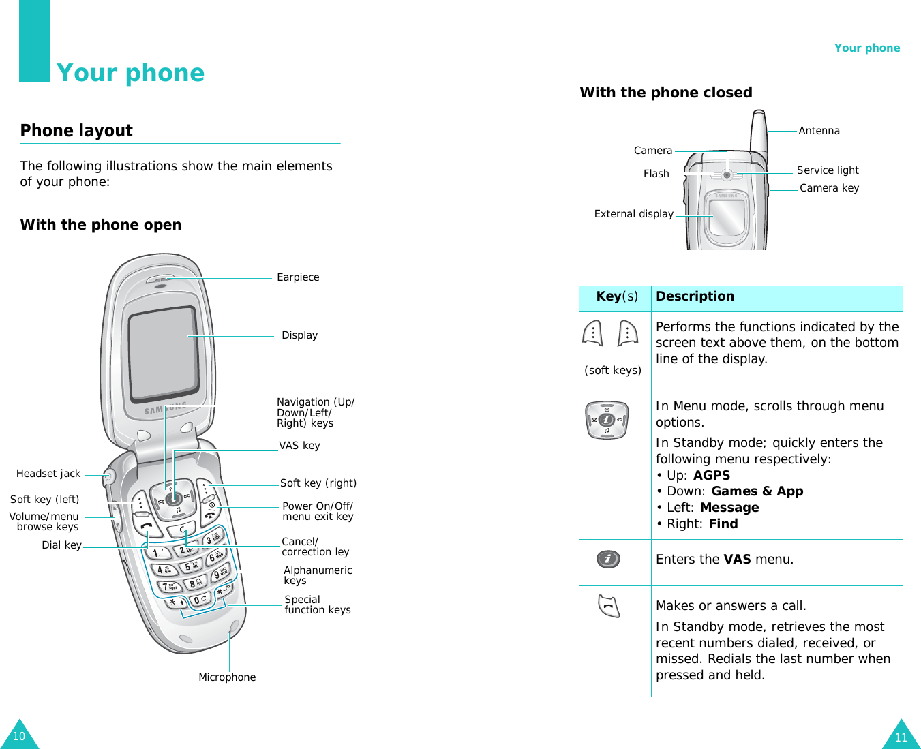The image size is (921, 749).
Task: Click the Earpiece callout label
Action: [x=298, y=277]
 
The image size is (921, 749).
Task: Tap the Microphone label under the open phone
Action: [x=227, y=677]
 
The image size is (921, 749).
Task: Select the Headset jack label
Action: [x=48, y=474]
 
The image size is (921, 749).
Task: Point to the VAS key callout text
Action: [x=299, y=446]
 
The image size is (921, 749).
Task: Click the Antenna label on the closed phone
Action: [x=819, y=131]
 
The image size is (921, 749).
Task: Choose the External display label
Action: [x=633, y=214]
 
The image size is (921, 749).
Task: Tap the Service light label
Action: [x=828, y=170]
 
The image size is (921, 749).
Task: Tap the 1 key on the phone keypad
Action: [x=158, y=552]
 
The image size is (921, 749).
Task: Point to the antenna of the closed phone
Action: [x=759, y=133]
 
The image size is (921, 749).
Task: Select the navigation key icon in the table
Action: [x=606, y=421]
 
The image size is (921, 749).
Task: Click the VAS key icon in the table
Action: [x=608, y=560]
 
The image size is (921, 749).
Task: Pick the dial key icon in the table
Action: [x=609, y=606]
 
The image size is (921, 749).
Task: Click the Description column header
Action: [x=695, y=296]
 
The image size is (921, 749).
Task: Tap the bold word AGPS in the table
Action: [x=712, y=476]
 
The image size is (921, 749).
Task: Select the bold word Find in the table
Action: [x=723, y=524]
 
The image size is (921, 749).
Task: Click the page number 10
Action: [x=19, y=736]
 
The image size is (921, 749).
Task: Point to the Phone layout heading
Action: [x=76, y=131]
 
